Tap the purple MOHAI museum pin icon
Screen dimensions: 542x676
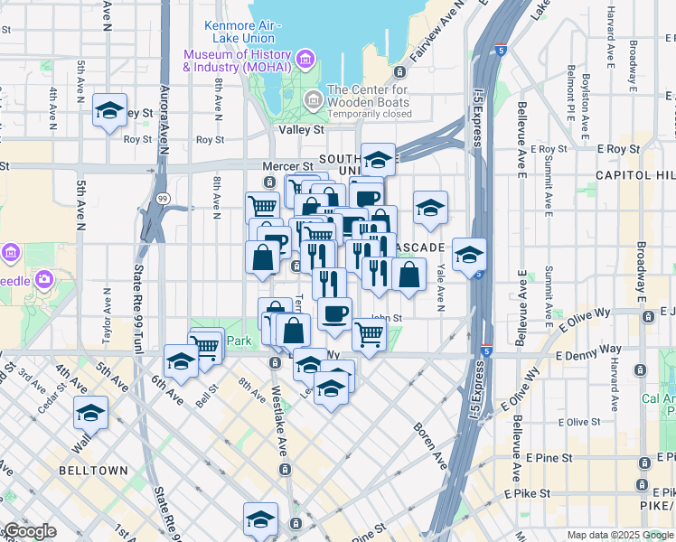pos(305,61)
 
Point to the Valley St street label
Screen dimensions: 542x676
pos(301,130)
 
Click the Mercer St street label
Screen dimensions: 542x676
pos(286,166)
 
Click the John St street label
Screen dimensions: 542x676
pos(385,318)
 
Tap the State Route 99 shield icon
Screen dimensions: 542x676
pos(162,198)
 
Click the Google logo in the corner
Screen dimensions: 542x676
pos(29,532)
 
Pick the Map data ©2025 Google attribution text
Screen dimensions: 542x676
pos(621,535)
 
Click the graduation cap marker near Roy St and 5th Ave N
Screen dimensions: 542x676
pos(109,110)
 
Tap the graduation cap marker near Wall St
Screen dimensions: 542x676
pos(90,413)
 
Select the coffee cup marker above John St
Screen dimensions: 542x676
pos(334,313)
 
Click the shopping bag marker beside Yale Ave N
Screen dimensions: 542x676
pos(408,274)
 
